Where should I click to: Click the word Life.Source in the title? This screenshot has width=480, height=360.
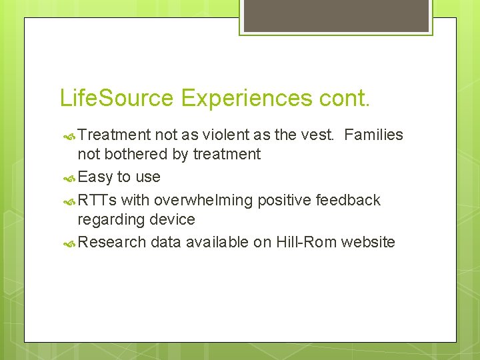pos(117,98)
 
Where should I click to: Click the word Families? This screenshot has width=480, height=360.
pos(374,135)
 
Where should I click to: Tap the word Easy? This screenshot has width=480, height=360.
pos(95,177)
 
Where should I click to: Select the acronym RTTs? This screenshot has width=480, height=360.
pos(97,200)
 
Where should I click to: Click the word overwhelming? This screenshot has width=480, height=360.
pos(204,200)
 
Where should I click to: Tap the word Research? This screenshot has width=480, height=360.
pos(111,242)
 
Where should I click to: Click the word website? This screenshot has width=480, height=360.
pos(368,242)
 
